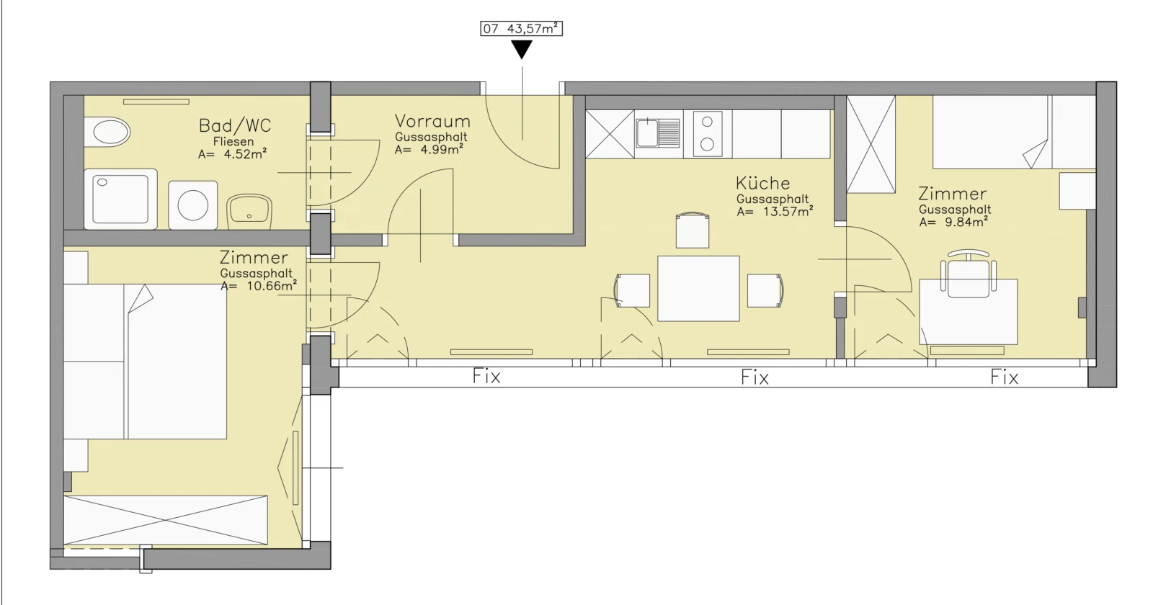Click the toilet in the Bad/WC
tap(107, 133)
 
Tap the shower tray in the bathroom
tap(120, 199)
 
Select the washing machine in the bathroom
tap(193, 205)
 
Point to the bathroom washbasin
tap(249, 212)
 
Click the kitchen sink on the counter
tap(658, 133)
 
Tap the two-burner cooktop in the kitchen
tap(708, 133)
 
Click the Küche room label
tap(762, 183)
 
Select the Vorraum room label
tap(432, 122)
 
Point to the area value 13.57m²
tap(788, 212)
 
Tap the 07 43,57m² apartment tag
tap(522, 28)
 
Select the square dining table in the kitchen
tap(698, 289)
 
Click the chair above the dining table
tap(693, 230)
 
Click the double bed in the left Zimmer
tap(145, 361)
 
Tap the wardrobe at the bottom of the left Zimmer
tap(165, 520)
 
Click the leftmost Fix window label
tap(486, 377)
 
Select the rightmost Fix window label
tap(1005, 377)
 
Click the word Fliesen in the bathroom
tap(233, 141)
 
